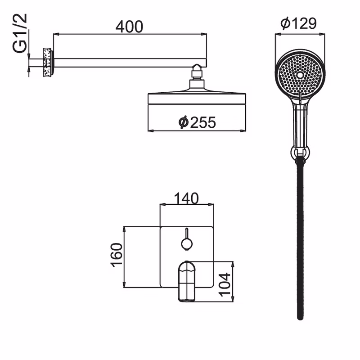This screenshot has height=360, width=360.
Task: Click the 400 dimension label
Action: pyautogui.click(x=129, y=27)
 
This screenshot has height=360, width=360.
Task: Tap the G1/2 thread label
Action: pyautogui.click(x=20, y=33)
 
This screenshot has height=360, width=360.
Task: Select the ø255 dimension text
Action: pyautogui.click(x=197, y=122)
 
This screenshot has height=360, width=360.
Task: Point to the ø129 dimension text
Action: pyautogui.click(x=298, y=23)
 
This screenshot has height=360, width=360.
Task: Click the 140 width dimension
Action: pyautogui.click(x=186, y=198)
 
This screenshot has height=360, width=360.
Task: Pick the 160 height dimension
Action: pyautogui.click(x=117, y=255)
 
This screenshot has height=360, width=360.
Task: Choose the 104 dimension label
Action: pyautogui.click(x=224, y=285)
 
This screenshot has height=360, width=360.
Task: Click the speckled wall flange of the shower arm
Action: pyautogui.click(x=47, y=63)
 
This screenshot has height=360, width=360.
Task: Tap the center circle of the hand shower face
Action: pyautogui.click(x=300, y=75)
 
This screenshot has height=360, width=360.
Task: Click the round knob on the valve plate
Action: pyautogui.click(x=187, y=244)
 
